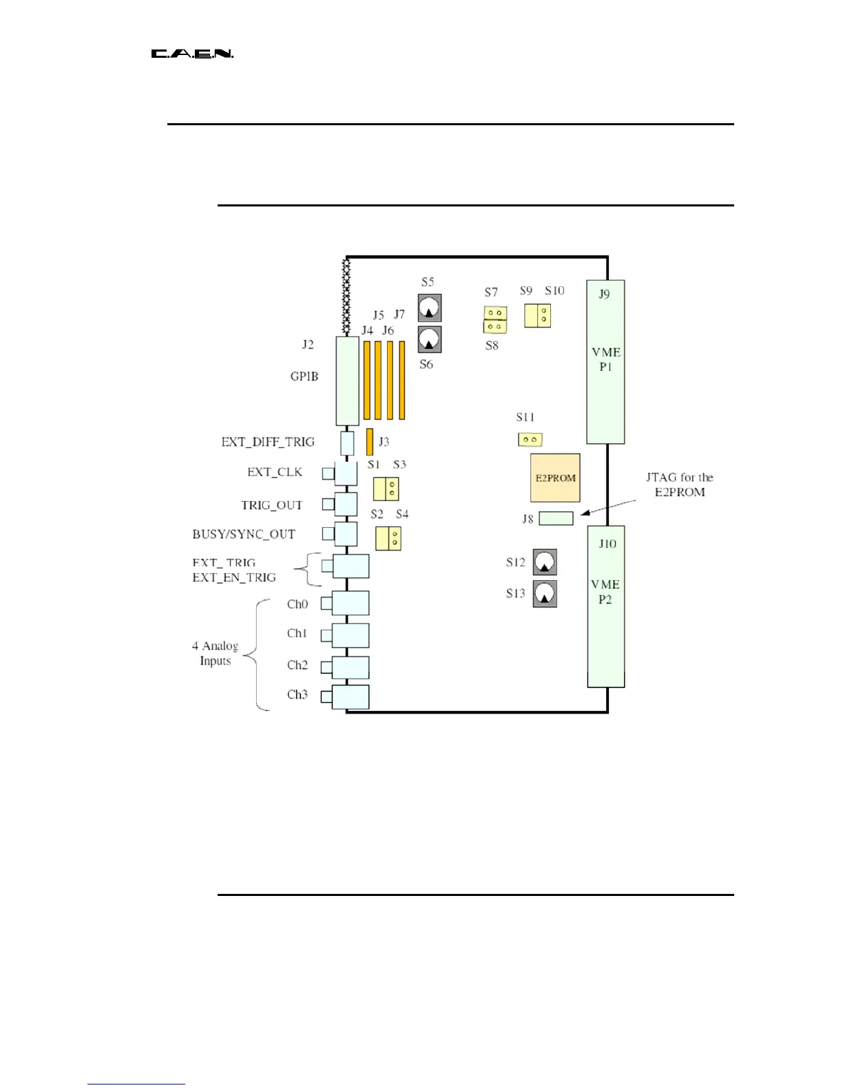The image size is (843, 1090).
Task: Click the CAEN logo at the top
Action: (x=192, y=54)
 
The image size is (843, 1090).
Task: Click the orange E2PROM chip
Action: (x=555, y=478)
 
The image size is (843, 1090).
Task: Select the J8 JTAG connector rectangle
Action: (x=556, y=518)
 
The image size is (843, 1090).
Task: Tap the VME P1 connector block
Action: (x=605, y=361)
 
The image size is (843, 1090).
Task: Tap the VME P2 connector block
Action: (x=606, y=606)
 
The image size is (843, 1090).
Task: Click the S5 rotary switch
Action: (x=430, y=308)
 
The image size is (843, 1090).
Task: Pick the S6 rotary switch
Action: (x=430, y=339)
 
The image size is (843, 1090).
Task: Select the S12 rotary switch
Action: (x=545, y=562)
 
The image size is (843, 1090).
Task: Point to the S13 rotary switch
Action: (x=545, y=593)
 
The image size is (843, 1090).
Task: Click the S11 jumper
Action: (x=530, y=439)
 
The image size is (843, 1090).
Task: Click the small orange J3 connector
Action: (x=370, y=441)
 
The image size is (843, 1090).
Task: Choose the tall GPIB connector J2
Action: (x=347, y=381)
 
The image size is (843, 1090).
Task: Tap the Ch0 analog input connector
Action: (x=351, y=603)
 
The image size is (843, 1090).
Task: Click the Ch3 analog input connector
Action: (x=351, y=696)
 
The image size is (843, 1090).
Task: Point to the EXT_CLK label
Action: (x=275, y=472)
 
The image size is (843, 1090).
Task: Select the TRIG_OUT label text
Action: (x=271, y=505)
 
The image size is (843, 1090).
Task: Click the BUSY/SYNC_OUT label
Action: (x=244, y=534)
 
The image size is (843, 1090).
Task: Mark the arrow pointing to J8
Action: (x=607, y=507)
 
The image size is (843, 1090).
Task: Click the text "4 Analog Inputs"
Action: (x=215, y=653)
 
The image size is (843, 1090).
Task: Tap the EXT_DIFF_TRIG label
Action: (x=267, y=442)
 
